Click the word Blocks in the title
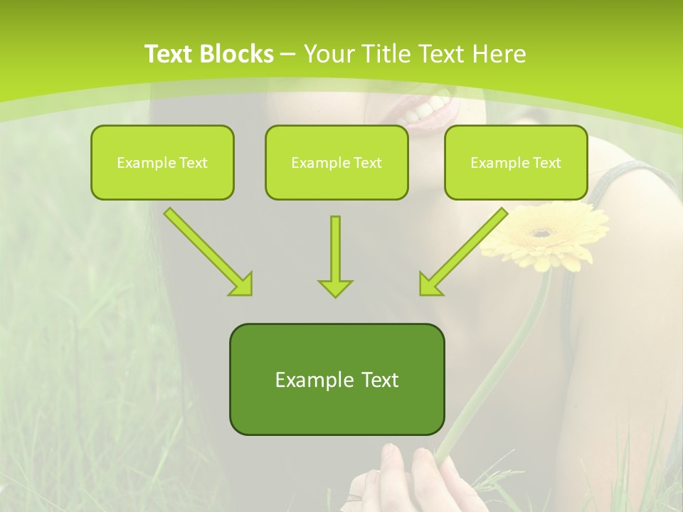[238, 54]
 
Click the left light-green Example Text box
[162, 162]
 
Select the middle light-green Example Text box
[337, 162]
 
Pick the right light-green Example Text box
[516, 162]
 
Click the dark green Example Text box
[337, 379]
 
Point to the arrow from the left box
[208, 252]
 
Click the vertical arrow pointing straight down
[335, 256]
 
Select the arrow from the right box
[464, 252]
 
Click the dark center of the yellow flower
[543, 232]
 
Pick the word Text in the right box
[546, 163]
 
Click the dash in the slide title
[288, 54]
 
